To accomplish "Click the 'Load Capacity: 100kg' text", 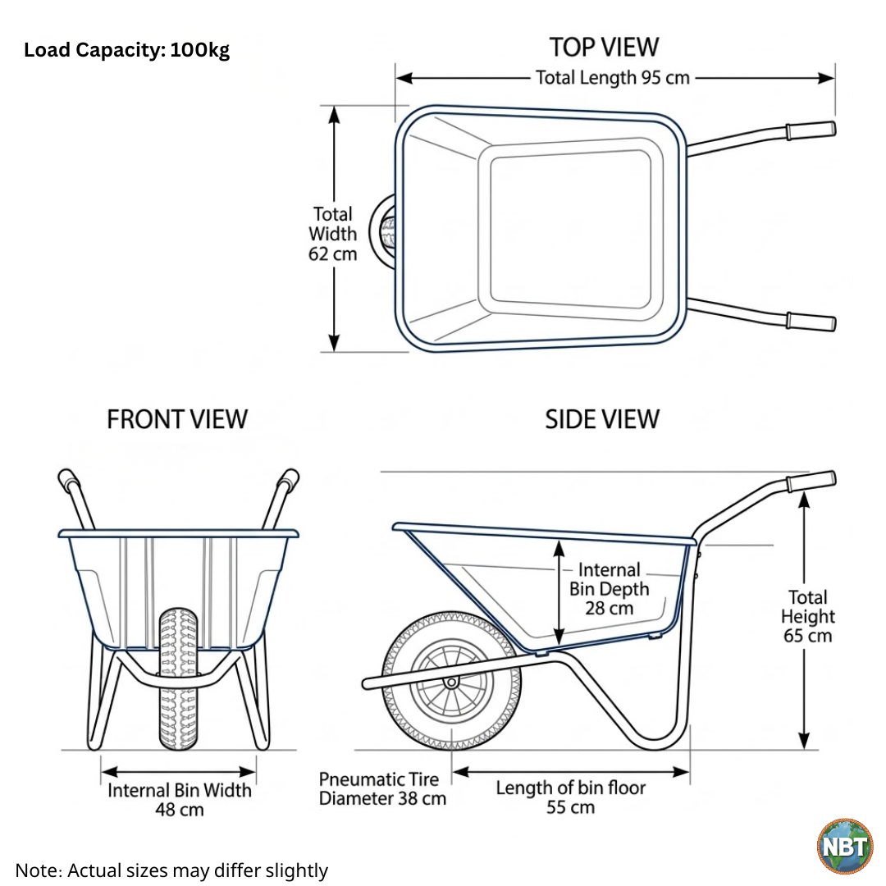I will click(126, 51).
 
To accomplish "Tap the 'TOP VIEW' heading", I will click(604, 47).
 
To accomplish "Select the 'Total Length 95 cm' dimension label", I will click(613, 78).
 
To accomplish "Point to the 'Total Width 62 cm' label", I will click(332, 234).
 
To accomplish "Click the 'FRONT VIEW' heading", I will click(176, 419).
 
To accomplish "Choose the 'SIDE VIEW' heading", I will click(602, 419).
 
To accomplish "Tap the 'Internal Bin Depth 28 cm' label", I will click(609, 588).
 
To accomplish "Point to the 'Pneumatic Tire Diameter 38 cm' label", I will click(382, 788).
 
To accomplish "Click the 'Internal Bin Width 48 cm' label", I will click(180, 800).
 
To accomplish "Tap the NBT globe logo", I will click(844, 846).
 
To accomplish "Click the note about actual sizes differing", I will click(171, 870).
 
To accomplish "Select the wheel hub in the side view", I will click(450, 682).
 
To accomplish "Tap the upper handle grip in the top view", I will click(810, 130).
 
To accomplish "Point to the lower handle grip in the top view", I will click(811, 321).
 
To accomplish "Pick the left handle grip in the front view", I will click(67, 480).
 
